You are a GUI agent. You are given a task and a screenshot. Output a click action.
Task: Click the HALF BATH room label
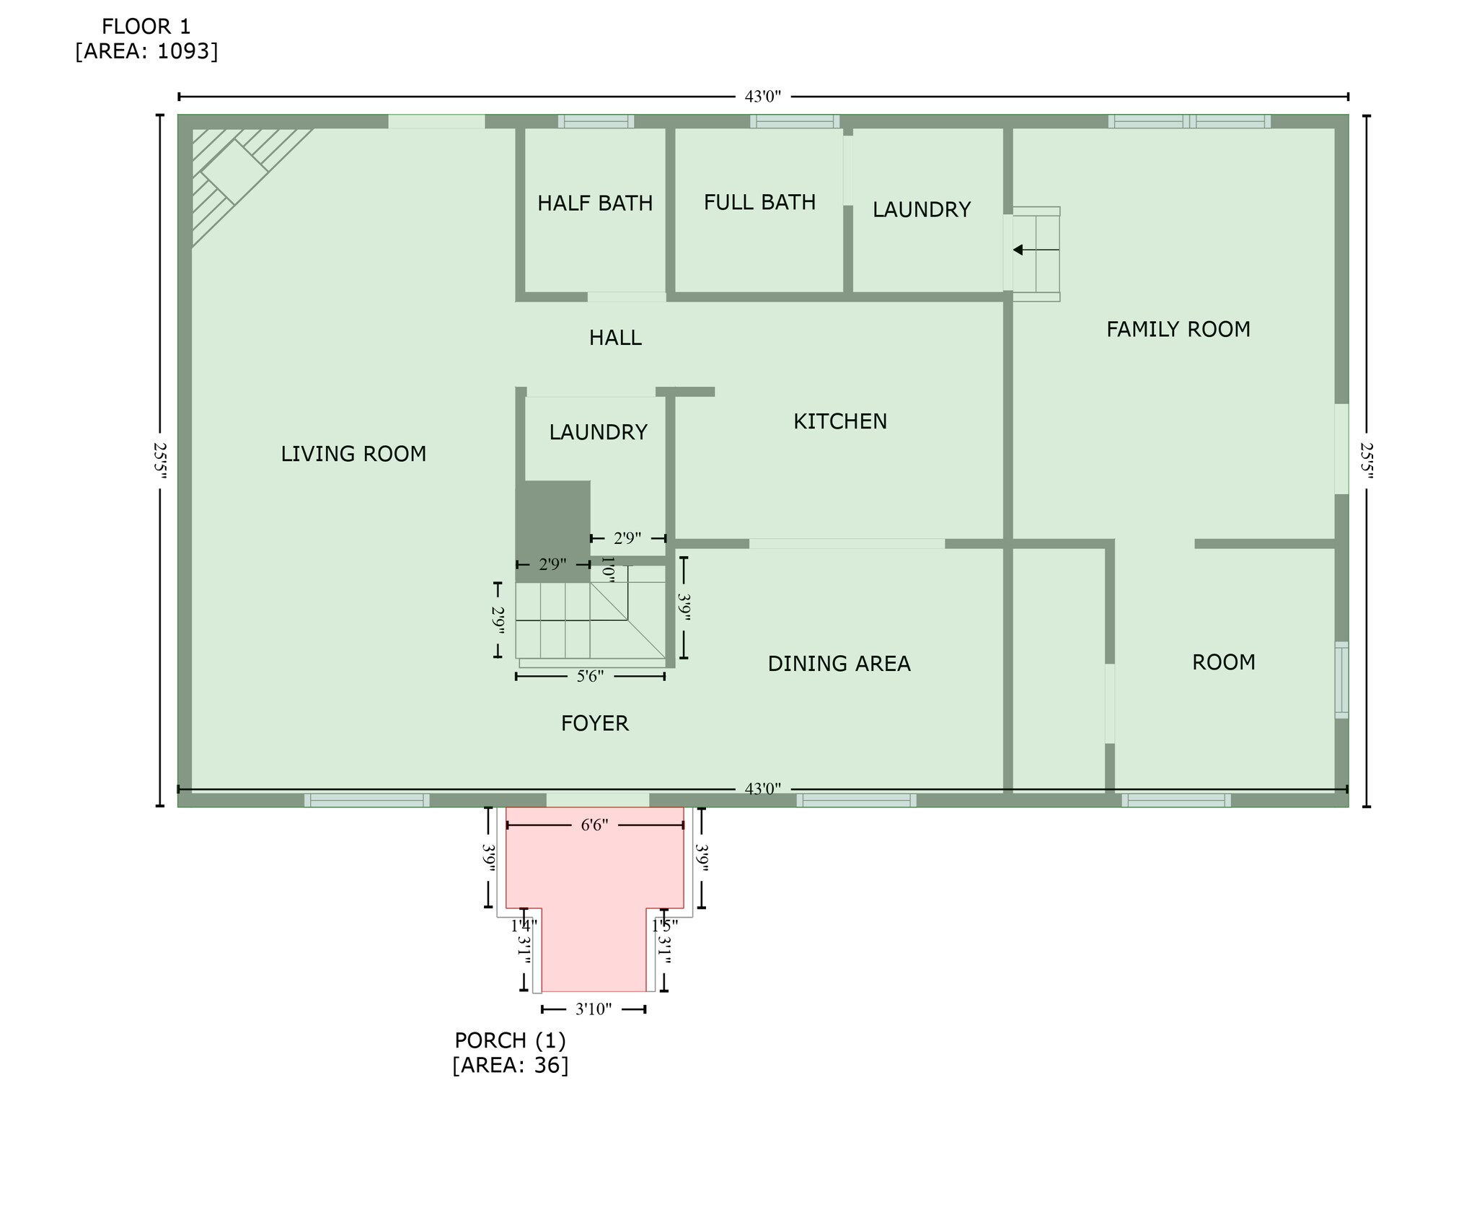pos(595,203)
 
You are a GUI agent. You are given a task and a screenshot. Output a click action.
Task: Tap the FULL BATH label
pos(759,202)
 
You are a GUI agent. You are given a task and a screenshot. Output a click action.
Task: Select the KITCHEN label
pos(840,421)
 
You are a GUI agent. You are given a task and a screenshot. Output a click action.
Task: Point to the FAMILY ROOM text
pos(1178,330)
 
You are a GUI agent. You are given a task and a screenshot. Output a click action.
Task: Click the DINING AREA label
pos(839,664)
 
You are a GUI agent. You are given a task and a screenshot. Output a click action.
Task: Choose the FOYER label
pos(595,723)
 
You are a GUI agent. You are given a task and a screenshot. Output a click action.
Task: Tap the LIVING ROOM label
pos(353,454)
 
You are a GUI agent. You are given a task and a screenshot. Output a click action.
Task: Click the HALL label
pos(615,338)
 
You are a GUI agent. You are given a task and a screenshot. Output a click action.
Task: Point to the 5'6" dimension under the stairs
pos(590,676)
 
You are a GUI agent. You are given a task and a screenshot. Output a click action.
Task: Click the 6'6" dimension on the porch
pos(595,825)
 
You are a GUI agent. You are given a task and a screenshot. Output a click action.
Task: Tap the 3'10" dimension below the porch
pos(594,1009)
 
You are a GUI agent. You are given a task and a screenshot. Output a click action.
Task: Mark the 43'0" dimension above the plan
pos(763,97)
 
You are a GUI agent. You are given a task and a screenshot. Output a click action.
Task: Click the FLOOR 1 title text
pos(146,27)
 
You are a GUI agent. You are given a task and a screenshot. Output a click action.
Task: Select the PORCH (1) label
pos(510,1040)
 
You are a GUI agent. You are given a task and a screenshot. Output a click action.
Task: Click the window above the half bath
pos(596,121)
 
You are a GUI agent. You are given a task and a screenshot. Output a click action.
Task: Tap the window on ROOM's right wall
pos(1341,680)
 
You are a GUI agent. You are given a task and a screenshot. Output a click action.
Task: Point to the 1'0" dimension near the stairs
pos(608,570)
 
